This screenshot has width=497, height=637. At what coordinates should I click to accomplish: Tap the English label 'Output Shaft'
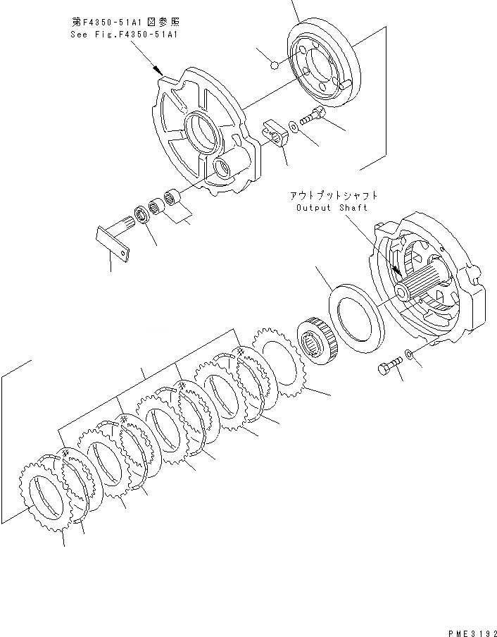(332, 208)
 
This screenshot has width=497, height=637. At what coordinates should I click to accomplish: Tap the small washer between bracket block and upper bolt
(295, 125)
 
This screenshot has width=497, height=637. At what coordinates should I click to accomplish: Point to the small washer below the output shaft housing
(410, 353)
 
